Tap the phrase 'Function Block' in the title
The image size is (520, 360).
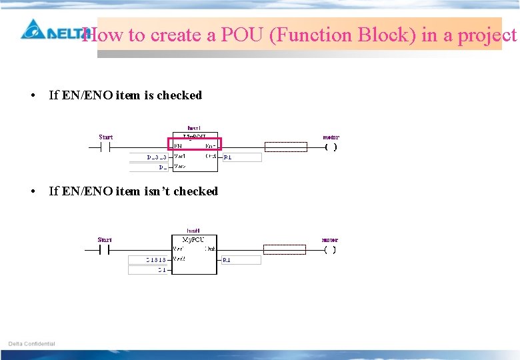[x=342, y=35]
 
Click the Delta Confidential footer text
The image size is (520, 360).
[x=32, y=344]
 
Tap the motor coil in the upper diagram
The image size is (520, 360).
[x=331, y=147]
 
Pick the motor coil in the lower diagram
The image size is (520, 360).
[x=329, y=250]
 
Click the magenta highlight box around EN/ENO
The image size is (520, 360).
[x=194, y=144]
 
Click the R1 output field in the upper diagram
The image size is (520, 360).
[x=241, y=157]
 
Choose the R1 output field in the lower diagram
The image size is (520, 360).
[x=241, y=259]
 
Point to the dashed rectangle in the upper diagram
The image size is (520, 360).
[x=286, y=147]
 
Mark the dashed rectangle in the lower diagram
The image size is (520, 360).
[x=285, y=249]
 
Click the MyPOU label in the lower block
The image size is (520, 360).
[x=193, y=239]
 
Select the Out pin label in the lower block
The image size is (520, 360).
[x=210, y=249]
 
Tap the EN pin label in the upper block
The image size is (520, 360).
[x=178, y=145]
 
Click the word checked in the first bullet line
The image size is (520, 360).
[x=179, y=95]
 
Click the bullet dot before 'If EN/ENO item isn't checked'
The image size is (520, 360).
[x=33, y=191]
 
